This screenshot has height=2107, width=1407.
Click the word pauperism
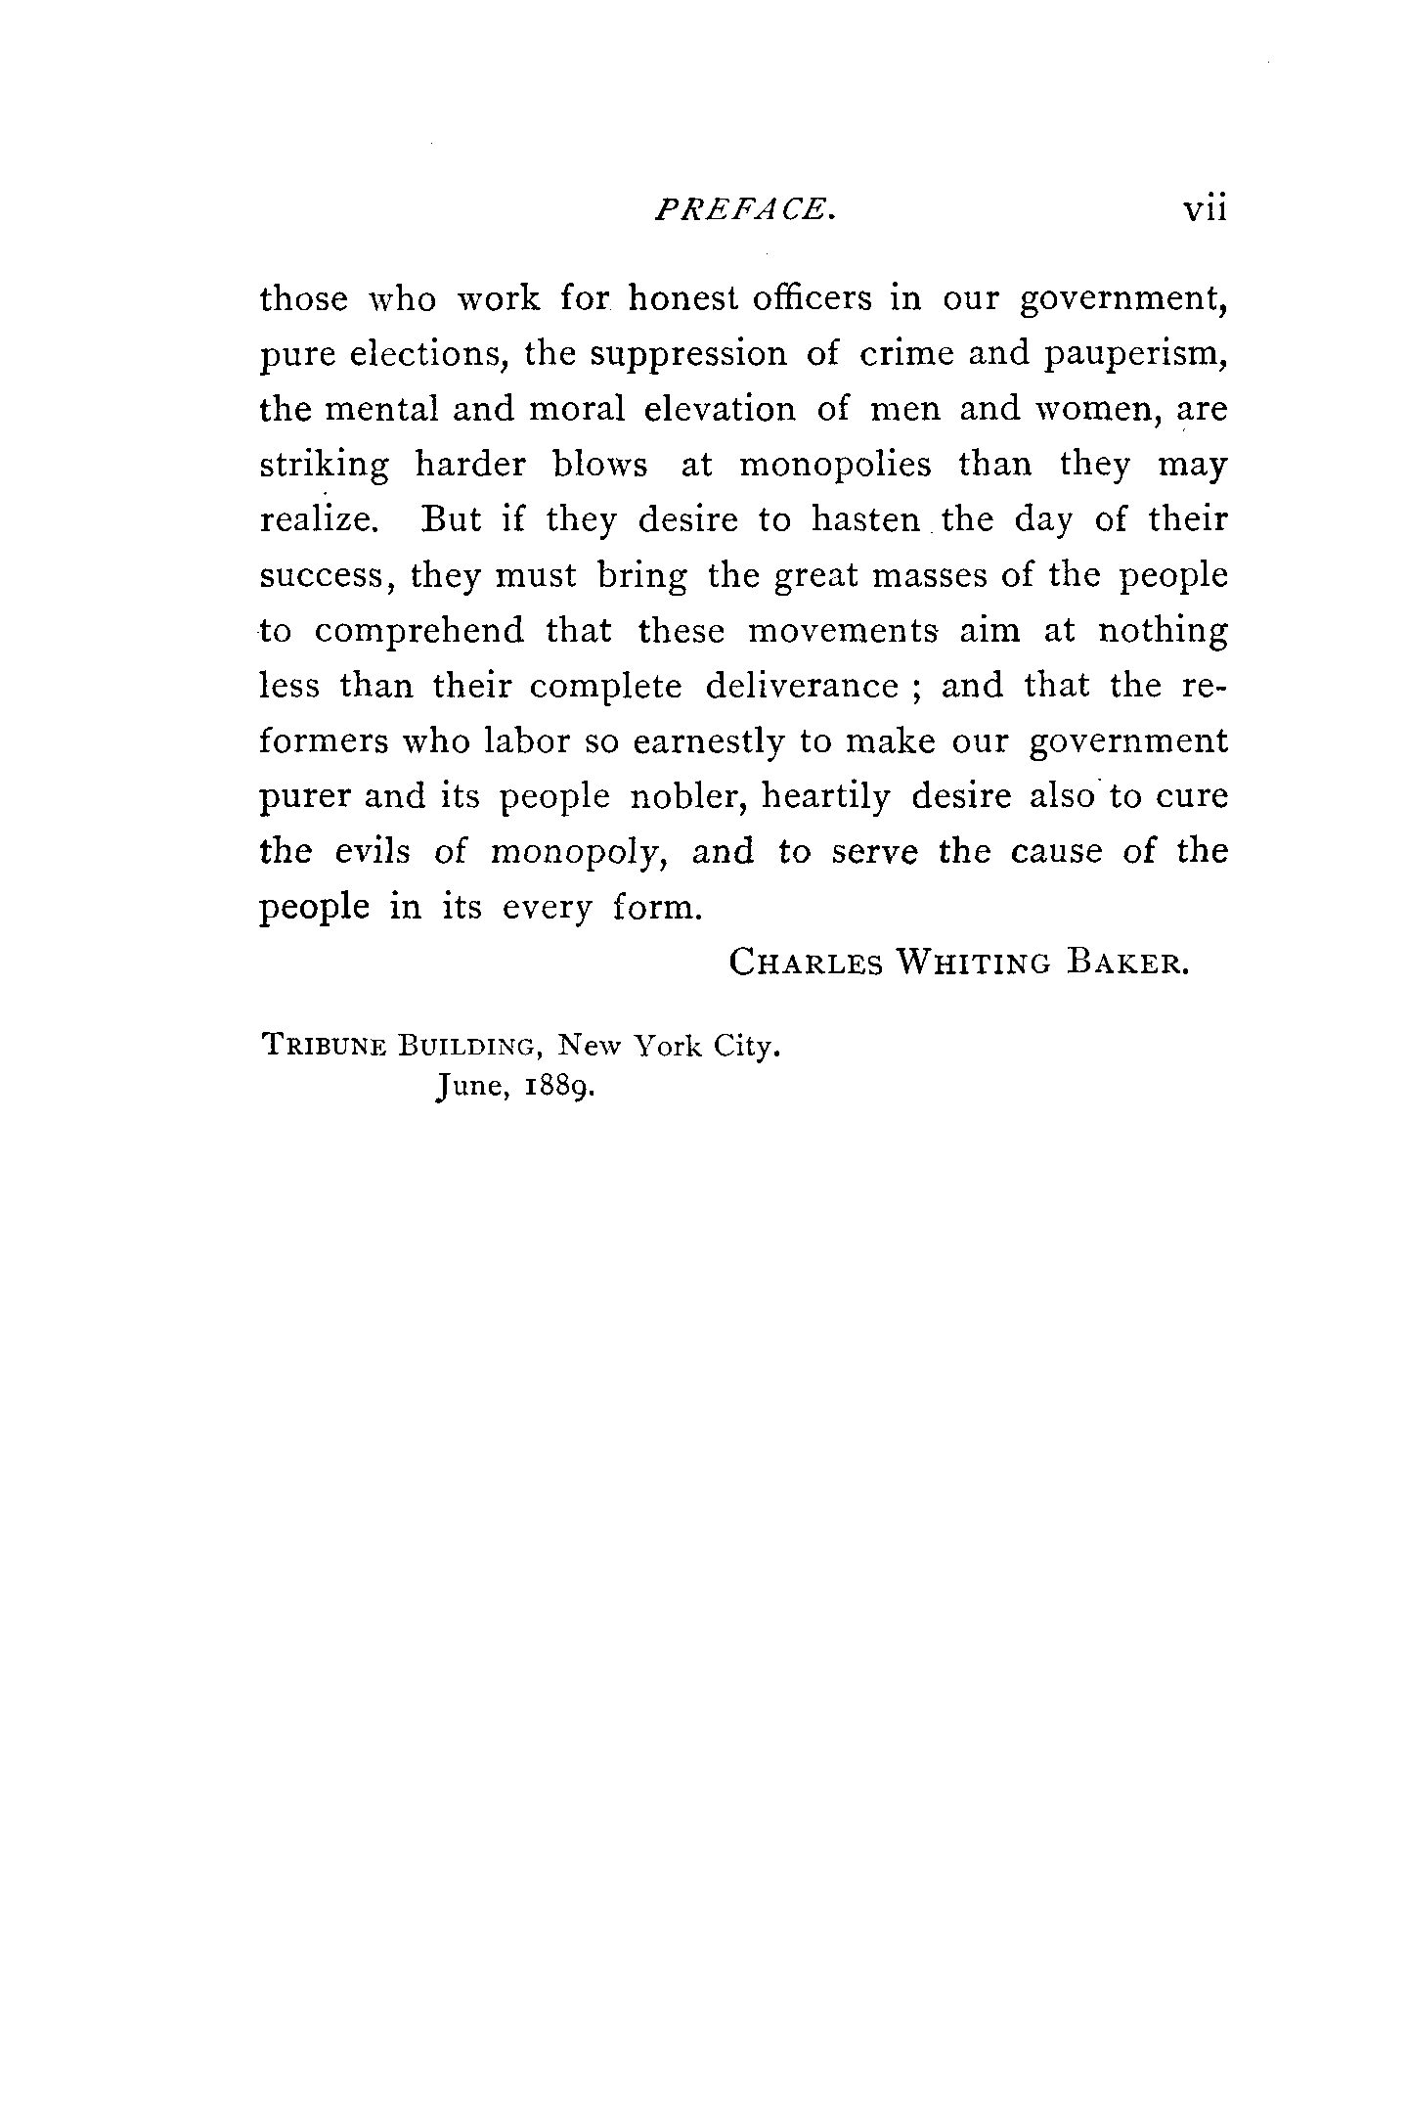[x=1135, y=355]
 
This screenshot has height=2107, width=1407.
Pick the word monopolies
[x=835, y=464]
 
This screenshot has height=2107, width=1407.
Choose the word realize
[x=319, y=519]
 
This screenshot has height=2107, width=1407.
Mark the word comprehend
[x=419, y=631]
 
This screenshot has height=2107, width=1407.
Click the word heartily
[x=826, y=798]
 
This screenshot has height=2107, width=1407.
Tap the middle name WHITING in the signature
[x=974, y=964]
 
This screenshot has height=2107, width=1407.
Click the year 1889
[x=556, y=1088]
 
